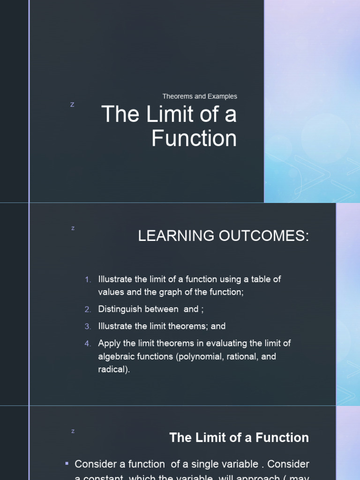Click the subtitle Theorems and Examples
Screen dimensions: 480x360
coord(200,96)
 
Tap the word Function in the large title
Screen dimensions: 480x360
coord(194,139)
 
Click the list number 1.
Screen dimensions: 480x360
coord(88,279)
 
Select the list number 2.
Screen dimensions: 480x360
coord(88,309)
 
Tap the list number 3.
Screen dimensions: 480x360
coord(88,326)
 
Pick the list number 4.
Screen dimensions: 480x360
coord(88,344)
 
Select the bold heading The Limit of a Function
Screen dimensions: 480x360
coord(239,438)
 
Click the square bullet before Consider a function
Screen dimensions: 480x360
coord(67,464)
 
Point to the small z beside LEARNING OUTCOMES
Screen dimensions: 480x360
coord(73,228)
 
